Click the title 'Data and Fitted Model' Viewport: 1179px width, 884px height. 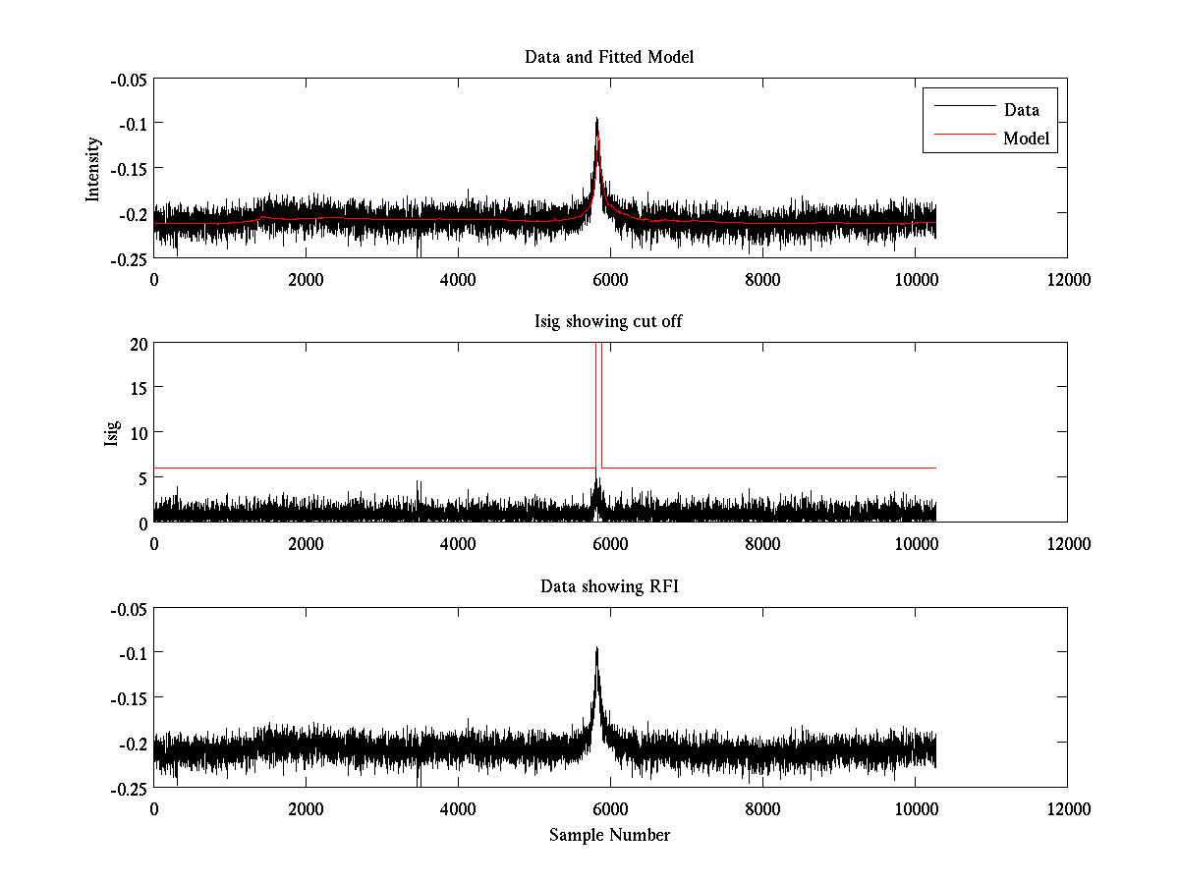609,57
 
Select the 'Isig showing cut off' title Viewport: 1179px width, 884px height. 609,322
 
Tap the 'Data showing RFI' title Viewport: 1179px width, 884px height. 609,586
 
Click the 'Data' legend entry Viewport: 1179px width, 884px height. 1021,109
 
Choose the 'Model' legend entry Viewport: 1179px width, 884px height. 1026,138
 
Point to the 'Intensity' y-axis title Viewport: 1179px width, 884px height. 93,168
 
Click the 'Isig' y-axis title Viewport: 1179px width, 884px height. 111,433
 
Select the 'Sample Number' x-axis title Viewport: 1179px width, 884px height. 609,835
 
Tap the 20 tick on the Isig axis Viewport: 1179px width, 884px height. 136,344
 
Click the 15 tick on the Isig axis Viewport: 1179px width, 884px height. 136,388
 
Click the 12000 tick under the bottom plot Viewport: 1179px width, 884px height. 1067,809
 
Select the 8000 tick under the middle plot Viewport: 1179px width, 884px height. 762,544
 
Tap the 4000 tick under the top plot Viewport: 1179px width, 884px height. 458,279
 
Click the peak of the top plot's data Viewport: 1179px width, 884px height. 596,120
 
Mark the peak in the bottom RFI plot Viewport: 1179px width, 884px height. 596,649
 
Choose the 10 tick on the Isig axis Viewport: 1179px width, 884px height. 136,433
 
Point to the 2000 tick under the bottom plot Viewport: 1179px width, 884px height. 306,809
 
